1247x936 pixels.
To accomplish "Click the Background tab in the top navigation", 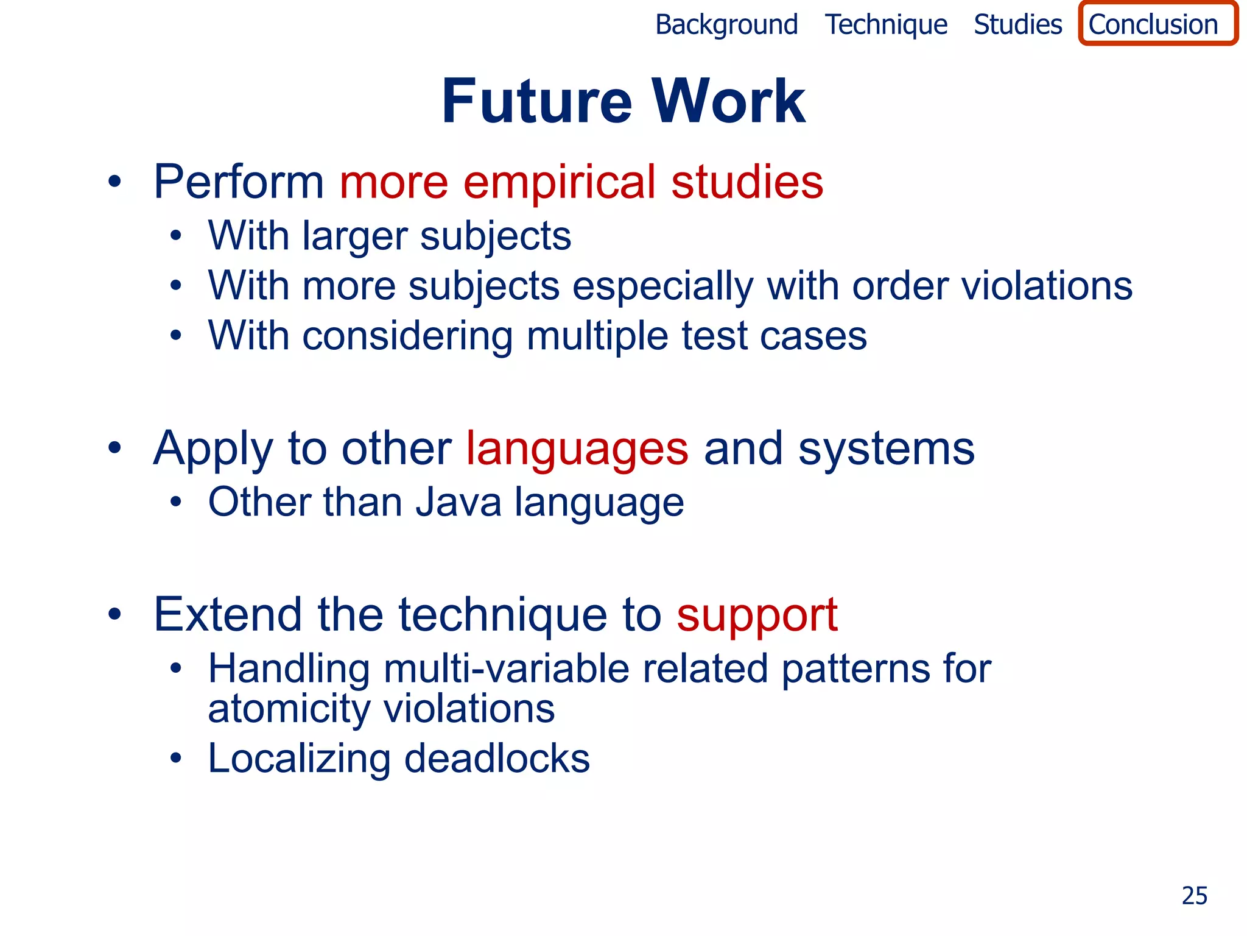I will pyautogui.click(x=726, y=25).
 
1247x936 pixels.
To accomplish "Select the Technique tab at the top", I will pyautogui.click(x=886, y=25).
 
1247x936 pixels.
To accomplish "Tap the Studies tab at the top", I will pyautogui.click(x=1017, y=25).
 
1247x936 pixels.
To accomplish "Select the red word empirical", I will pyautogui.click(x=560, y=183).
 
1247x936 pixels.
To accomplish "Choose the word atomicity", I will pyautogui.click(x=289, y=709).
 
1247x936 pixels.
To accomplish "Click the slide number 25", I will pyautogui.click(x=1193, y=896).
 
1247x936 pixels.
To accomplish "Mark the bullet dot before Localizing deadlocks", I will pyautogui.click(x=176, y=759).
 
